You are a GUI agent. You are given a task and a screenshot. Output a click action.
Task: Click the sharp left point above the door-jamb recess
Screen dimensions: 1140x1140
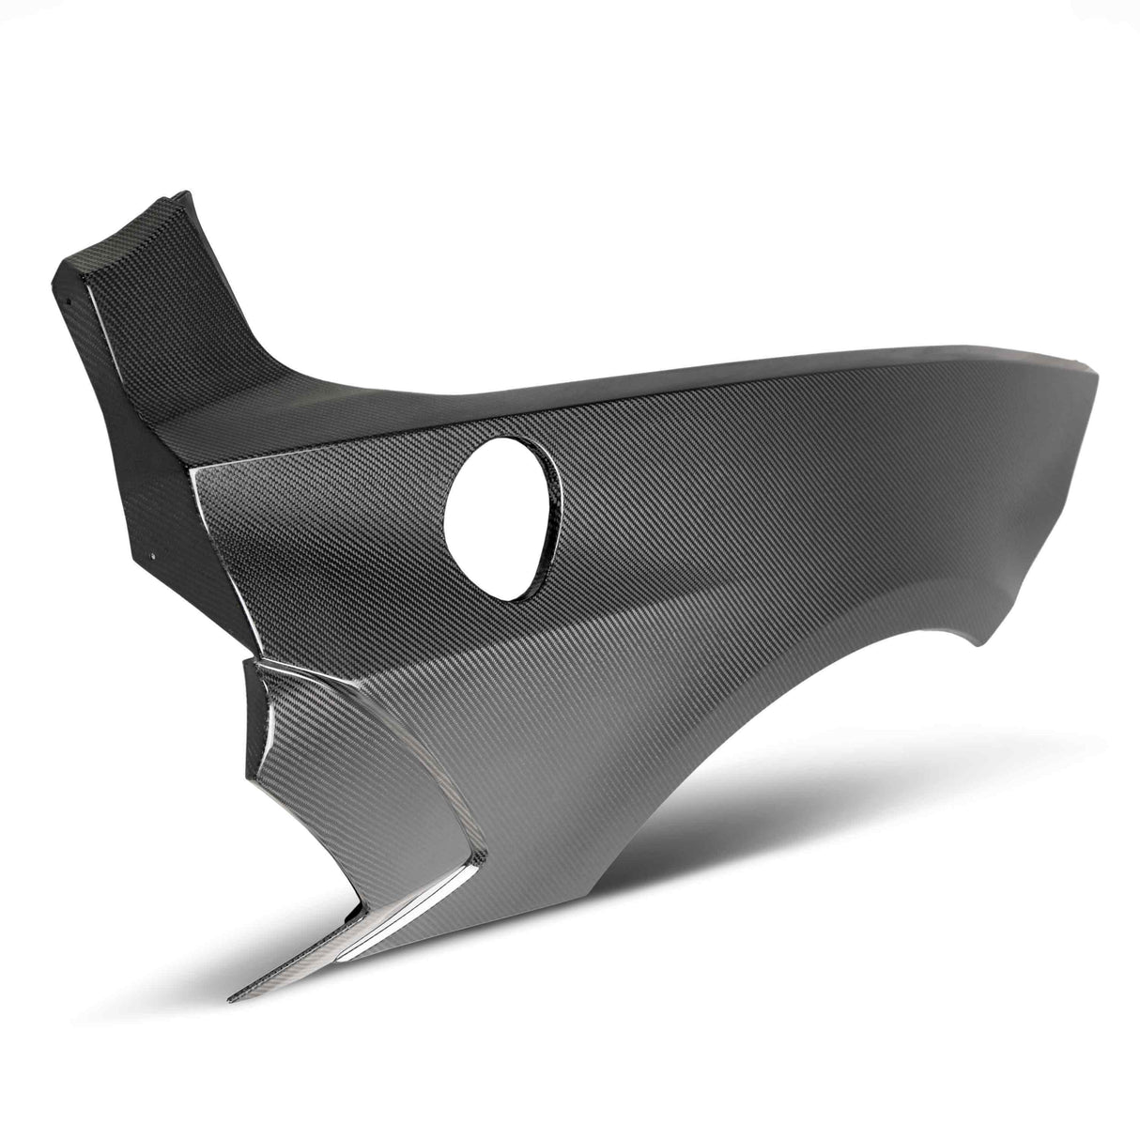[246, 662]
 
